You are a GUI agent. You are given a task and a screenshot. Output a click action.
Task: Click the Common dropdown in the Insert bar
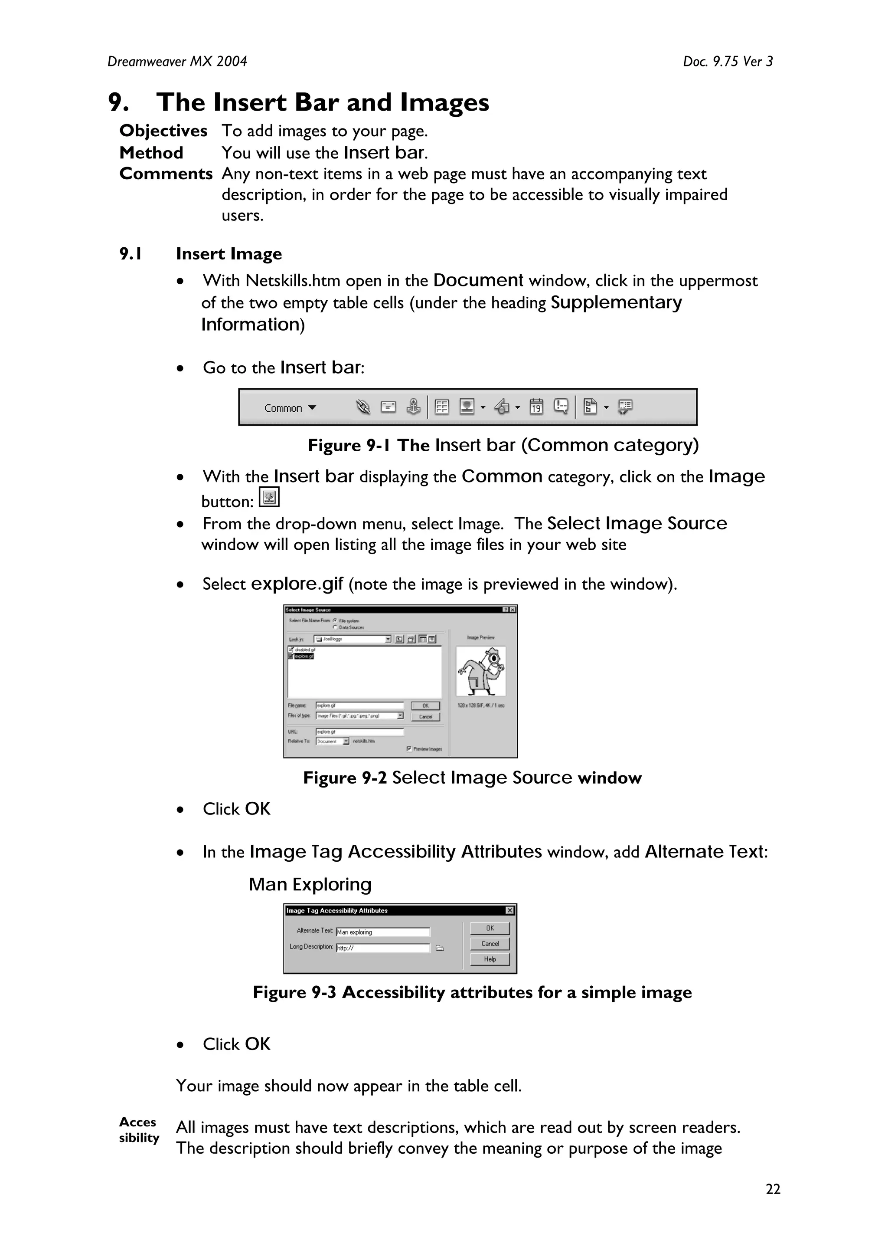point(290,408)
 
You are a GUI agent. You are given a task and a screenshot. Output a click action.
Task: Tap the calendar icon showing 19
point(536,407)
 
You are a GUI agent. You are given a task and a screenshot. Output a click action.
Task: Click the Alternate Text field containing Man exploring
point(383,932)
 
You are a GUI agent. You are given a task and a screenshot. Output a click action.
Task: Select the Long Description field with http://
point(383,948)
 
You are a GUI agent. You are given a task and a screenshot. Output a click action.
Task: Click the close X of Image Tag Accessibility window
point(509,910)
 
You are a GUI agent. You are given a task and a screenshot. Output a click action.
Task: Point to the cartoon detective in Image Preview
point(481,671)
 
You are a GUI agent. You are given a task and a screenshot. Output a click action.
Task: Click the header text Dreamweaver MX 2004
point(177,61)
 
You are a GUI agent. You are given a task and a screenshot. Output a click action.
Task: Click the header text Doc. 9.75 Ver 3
point(728,61)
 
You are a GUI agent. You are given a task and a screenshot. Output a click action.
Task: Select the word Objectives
point(163,131)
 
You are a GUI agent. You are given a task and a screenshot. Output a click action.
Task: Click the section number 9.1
point(131,254)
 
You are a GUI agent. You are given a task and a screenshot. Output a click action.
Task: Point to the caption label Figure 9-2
point(345,778)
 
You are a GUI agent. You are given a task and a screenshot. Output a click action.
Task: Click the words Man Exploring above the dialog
point(310,884)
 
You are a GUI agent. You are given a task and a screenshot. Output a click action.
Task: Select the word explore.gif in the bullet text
point(297,584)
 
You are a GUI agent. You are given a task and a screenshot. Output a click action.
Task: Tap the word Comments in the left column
point(166,174)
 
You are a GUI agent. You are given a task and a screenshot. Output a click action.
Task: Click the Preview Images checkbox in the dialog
point(409,748)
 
